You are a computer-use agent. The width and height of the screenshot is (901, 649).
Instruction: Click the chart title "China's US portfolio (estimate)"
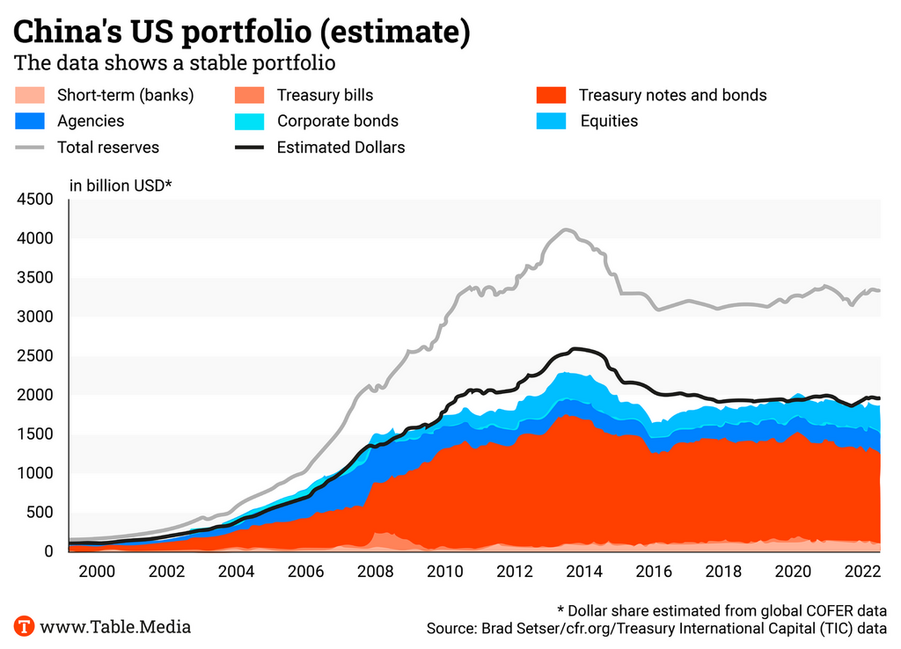tap(241, 33)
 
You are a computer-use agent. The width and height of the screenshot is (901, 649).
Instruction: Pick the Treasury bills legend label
tap(325, 95)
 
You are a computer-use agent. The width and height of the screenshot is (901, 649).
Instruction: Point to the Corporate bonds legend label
tap(337, 121)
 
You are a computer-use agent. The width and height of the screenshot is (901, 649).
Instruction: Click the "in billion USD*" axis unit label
tap(121, 185)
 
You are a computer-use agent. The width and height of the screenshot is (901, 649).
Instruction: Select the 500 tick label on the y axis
tap(42, 513)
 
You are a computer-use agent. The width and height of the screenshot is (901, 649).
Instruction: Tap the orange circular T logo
tap(26, 627)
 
